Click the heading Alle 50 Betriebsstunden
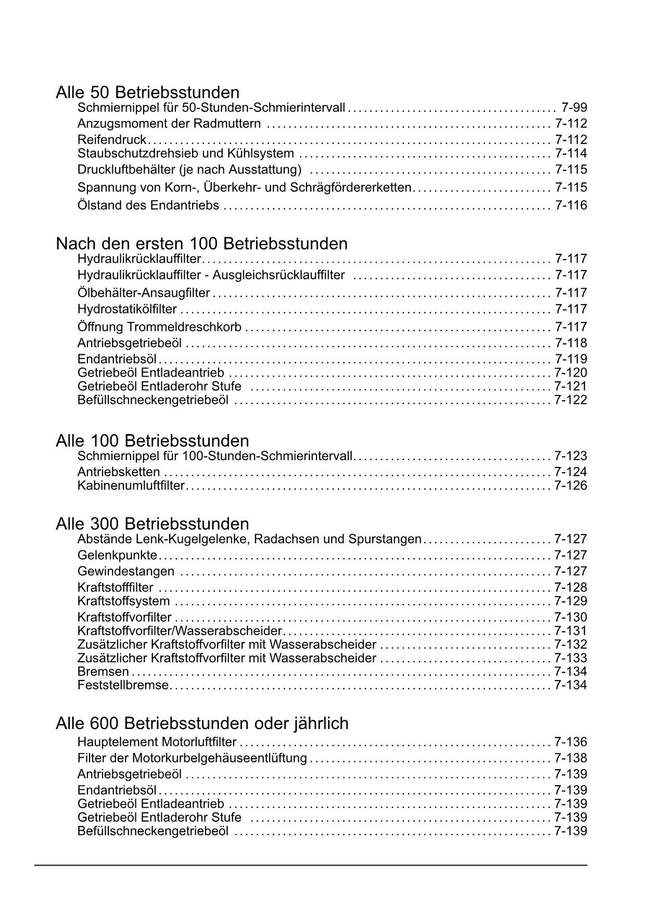[148, 92]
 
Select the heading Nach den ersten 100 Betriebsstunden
[201, 243]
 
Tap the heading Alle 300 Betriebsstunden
[153, 523]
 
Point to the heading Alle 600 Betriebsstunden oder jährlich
[202, 723]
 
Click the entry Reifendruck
[112, 140]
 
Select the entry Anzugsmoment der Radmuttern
[169, 123]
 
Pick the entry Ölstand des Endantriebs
[148, 205]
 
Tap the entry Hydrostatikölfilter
[127, 309]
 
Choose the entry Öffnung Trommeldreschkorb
[159, 327]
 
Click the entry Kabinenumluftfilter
[131, 486]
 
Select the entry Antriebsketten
[119, 472]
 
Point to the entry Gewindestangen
[126, 571]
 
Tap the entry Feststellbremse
[123, 685]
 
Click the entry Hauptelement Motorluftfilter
[157, 742]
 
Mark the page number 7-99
[574, 108]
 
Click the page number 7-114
[571, 153]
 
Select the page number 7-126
[571, 486]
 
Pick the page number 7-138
[571, 758]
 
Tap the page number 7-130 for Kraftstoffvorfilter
[571, 617]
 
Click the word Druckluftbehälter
[126, 170]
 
